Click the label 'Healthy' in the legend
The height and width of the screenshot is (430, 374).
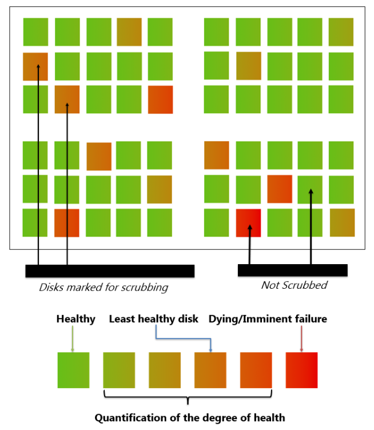[75, 319]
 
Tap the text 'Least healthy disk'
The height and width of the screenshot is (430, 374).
[154, 319]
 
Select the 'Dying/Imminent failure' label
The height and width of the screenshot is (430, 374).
[268, 319]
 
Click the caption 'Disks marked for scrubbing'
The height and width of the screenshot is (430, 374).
[104, 287]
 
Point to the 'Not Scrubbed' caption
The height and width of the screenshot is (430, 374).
[294, 285]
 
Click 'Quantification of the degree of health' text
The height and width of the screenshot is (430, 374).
[189, 417]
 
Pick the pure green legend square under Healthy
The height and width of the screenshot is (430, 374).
[73, 370]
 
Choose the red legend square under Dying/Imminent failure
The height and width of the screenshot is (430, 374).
[301, 370]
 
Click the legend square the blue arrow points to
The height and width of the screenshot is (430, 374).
[210, 370]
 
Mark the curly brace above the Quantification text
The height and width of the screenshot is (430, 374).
[188, 397]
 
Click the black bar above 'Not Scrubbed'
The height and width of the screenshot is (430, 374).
[292, 270]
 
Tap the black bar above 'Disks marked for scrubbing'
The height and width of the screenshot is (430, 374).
[110, 271]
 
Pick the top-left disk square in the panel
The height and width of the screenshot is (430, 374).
[35, 32]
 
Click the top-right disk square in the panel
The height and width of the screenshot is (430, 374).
[341, 32]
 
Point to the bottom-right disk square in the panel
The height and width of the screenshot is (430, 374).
[341, 222]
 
